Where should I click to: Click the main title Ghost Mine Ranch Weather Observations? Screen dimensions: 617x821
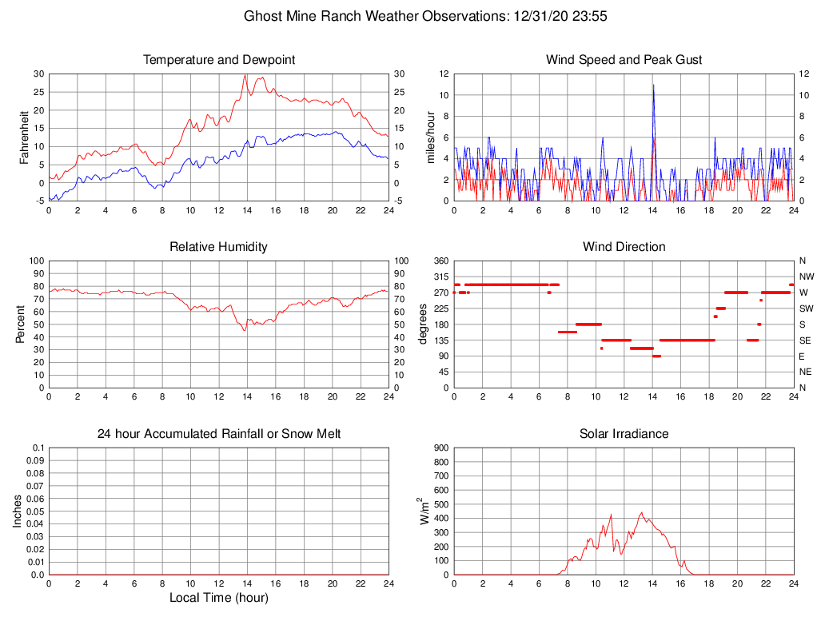pyautogui.click(x=425, y=16)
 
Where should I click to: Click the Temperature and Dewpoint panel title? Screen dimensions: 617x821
pyautogui.click(x=219, y=60)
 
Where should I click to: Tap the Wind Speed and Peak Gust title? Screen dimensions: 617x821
pyautogui.click(x=624, y=60)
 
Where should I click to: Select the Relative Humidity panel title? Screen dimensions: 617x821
pyautogui.click(x=219, y=247)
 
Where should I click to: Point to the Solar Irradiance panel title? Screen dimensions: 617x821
pyautogui.click(x=624, y=434)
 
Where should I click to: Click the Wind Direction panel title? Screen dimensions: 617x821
pyautogui.click(x=624, y=247)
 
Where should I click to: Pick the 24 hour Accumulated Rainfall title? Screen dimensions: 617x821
pyautogui.click(x=219, y=434)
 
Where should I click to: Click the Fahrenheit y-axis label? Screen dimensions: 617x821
pyautogui.click(x=24, y=137)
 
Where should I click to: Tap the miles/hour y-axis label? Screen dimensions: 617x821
pyautogui.click(x=431, y=137)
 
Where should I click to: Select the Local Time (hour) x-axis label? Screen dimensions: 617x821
pyautogui.click(x=219, y=598)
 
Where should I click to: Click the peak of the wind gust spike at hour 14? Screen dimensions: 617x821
pyautogui.click(x=653, y=85)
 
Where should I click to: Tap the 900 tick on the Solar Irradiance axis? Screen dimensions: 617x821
pyautogui.click(x=440, y=448)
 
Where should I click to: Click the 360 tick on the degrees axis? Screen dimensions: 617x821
pyautogui.click(x=440, y=261)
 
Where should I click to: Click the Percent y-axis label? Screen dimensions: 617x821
pyautogui.click(x=21, y=324)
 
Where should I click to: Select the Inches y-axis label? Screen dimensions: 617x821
pyautogui.click(x=18, y=511)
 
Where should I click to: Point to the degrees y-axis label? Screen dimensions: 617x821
pyautogui.click(x=423, y=324)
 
